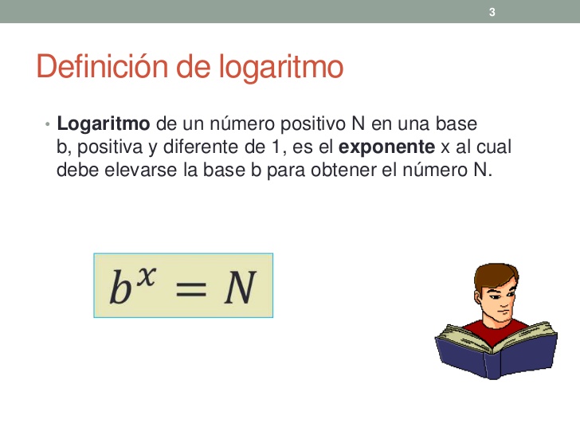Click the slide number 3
[x=492, y=11]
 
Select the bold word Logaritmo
[x=104, y=124]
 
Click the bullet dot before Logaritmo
[x=48, y=125]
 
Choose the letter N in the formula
[x=237, y=288]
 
